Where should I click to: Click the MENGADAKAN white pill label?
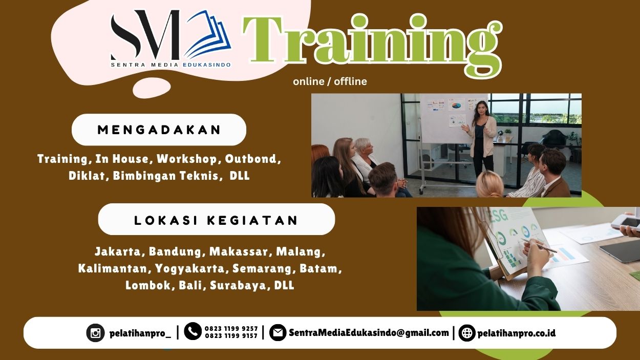159,130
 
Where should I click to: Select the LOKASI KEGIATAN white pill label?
216,220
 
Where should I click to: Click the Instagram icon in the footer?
95,333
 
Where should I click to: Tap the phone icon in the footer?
193,332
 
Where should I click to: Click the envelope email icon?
278,333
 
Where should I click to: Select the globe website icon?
467,333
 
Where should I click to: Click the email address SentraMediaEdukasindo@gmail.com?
369,333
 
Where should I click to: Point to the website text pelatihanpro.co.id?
516,333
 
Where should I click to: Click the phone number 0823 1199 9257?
231,329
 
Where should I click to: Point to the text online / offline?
330,81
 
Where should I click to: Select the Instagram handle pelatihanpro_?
140,333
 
